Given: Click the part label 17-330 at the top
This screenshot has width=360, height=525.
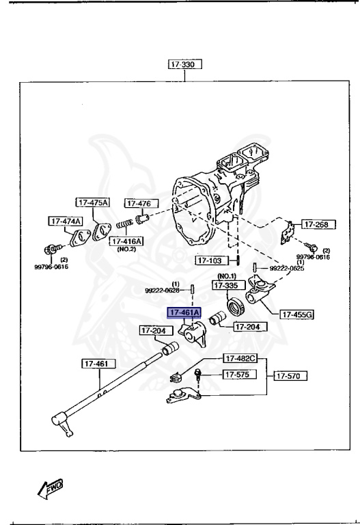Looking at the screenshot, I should point(184,66).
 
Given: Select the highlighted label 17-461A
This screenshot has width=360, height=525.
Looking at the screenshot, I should point(184,312).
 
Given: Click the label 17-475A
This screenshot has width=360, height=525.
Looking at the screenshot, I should point(92,202).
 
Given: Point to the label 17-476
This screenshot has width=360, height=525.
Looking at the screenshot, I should point(141,203).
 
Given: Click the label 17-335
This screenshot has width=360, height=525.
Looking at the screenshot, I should point(227,286).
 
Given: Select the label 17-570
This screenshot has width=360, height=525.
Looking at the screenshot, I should point(290,375).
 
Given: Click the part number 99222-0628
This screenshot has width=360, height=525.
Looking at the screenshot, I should point(162,290).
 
